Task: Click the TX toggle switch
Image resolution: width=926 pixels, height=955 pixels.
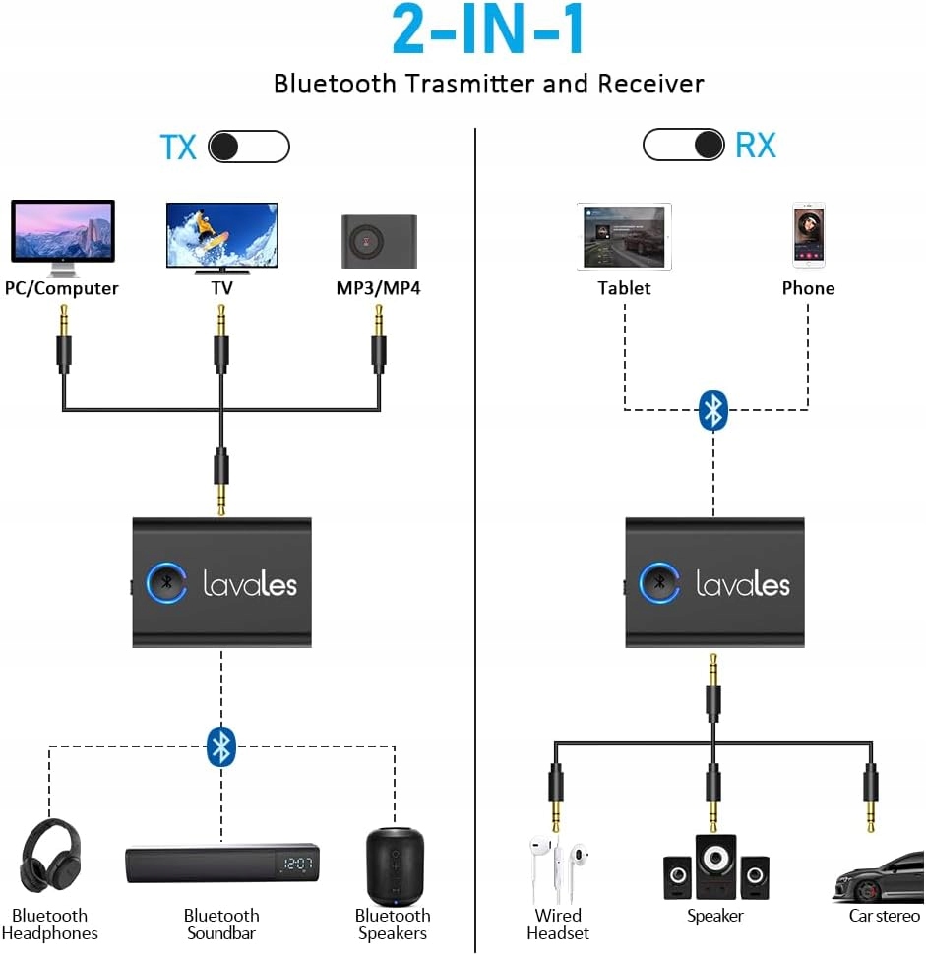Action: [x=250, y=147]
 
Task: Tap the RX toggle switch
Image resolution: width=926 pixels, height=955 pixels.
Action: [x=683, y=145]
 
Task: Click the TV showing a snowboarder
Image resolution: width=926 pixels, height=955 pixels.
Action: [x=221, y=235]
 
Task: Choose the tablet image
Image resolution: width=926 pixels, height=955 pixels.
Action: [x=624, y=237]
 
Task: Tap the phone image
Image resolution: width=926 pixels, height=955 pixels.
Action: [x=808, y=235]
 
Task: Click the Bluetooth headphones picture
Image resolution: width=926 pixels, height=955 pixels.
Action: [x=50, y=856]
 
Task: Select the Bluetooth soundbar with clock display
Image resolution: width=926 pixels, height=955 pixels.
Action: [x=222, y=864]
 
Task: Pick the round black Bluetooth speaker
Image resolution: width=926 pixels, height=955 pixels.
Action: [x=395, y=865]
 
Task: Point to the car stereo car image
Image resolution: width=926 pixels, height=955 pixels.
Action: [x=879, y=877]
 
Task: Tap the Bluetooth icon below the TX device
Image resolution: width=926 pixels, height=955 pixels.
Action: [x=221, y=746]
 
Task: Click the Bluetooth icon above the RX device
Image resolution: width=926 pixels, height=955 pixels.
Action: [x=713, y=409]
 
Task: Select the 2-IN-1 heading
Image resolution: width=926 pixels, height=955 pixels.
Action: [x=489, y=32]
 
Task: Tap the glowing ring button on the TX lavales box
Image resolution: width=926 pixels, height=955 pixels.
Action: [x=166, y=582]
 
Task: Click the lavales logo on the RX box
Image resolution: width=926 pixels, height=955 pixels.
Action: [x=743, y=583]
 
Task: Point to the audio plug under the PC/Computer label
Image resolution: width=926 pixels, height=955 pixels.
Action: [x=64, y=339]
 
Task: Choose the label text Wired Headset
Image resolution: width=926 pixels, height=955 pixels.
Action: [x=558, y=924]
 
